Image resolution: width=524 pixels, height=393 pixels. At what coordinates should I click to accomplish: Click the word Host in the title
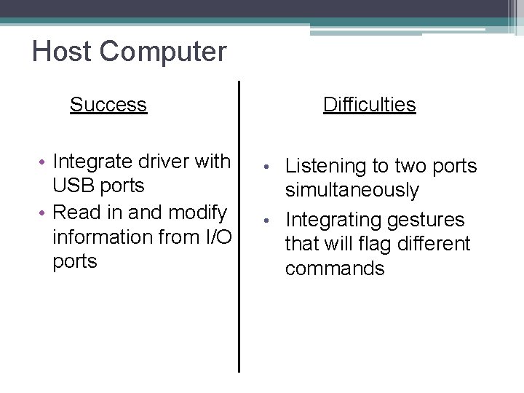point(62,52)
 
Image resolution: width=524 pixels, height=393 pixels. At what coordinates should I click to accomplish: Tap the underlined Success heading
point(108,105)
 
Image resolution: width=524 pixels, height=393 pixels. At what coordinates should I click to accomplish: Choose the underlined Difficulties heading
point(369,105)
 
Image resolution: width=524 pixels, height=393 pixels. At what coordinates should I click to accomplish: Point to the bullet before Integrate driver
point(44,161)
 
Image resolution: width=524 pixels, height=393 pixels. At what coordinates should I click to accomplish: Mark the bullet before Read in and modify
point(44,213)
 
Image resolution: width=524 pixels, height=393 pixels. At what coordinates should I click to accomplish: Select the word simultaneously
point(352,191)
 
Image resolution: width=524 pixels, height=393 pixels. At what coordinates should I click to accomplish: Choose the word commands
point(335,269)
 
